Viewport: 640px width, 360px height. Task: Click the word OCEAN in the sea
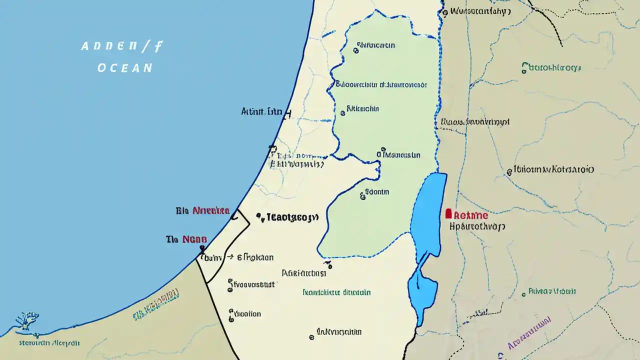pos(125,67)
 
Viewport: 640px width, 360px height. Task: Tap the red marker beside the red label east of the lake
pos(448,214)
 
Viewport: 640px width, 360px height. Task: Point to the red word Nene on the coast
pos(194,239)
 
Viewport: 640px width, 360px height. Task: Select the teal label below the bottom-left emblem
pos(49,343)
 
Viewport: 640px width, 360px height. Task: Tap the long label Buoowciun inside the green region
pos(380,84)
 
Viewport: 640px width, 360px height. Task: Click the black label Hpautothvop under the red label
pos(477,226)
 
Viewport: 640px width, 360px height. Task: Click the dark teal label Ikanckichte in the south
pos(336,292)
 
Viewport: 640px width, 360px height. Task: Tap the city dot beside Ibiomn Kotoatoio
pos(509,171)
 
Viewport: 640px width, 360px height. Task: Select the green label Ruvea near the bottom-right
pos(552,291)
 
